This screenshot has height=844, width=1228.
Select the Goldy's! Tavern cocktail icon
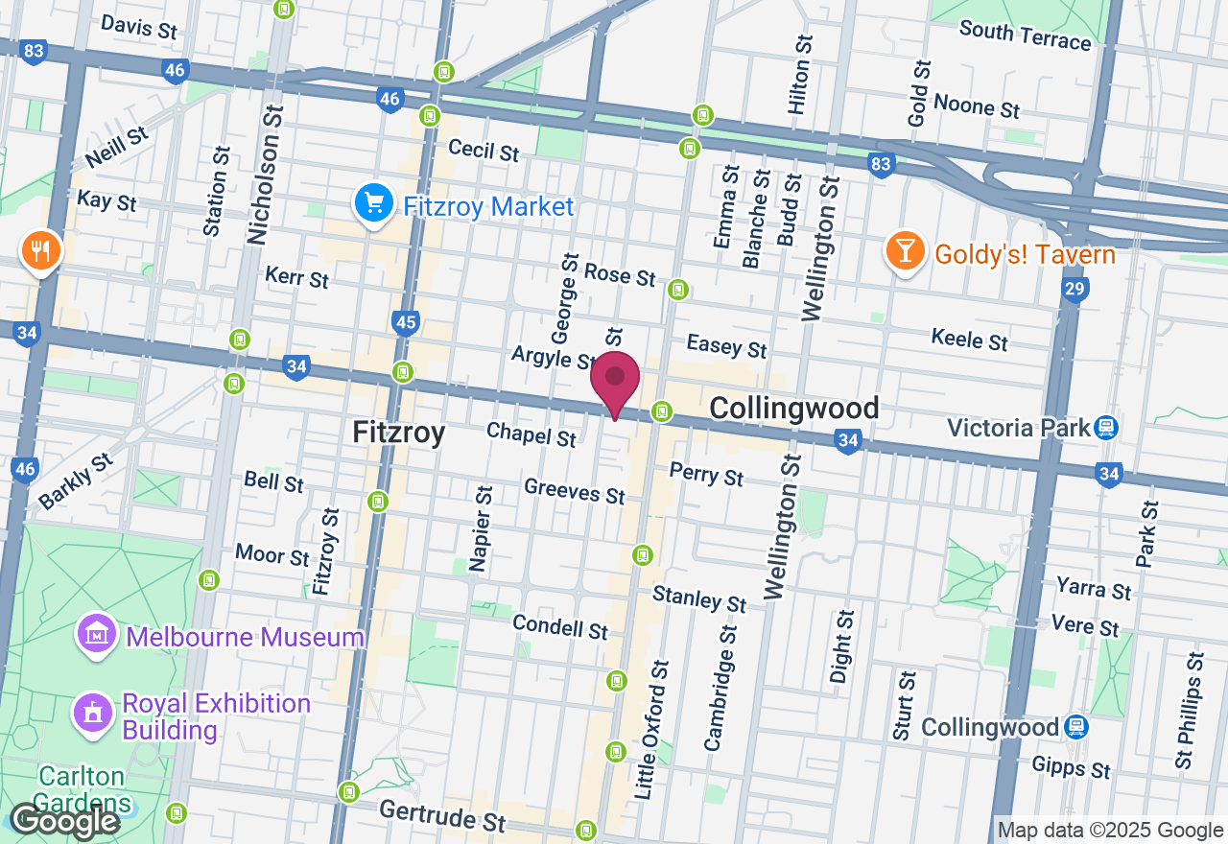click(904, 252)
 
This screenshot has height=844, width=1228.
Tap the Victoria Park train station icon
click(1106, 427)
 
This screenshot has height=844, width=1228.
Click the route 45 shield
click(406, 322)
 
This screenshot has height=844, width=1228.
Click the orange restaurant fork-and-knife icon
click(40, 251)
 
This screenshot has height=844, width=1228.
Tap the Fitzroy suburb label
click(398, 433)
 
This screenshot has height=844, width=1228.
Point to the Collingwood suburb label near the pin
click(794, 409)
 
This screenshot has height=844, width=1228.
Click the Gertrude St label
click(442, 815)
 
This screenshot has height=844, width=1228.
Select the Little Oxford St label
click(649, 730)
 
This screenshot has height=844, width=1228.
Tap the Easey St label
click(727, 344)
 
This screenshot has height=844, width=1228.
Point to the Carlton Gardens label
click(82, 788)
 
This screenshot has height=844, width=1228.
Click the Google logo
click(64, 821)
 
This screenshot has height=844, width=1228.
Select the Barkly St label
click(77, 481)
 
